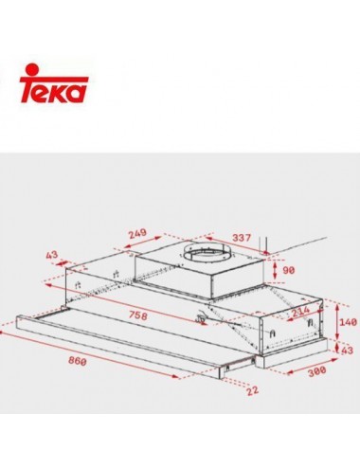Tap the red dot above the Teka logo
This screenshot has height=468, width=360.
coord(32,69)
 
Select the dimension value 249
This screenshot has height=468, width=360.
coord(137,233)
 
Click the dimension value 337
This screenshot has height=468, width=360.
coord(242,237)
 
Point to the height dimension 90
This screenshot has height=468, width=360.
coord(288,270)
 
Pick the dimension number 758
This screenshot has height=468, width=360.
coord(138,315)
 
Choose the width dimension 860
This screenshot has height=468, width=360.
coord(78,361)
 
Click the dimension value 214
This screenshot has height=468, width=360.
coord(300,313)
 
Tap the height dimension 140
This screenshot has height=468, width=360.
coord(348,322)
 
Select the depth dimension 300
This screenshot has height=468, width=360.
coord(316,370)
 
